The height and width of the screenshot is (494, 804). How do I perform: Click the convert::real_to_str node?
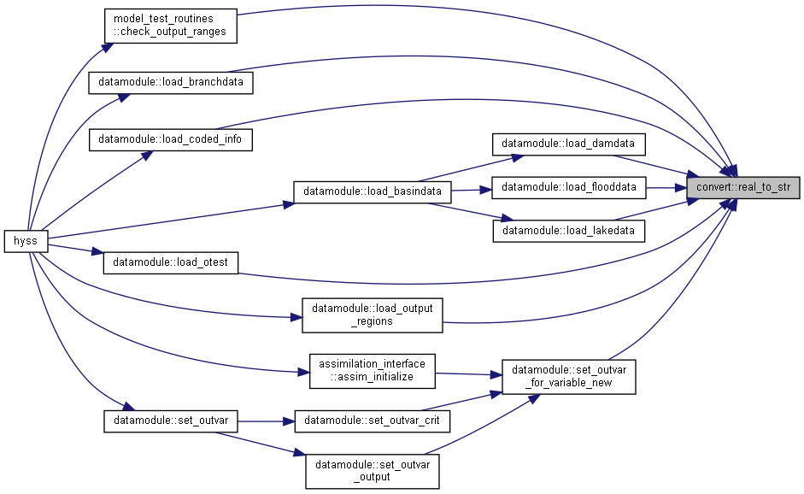(743, 187)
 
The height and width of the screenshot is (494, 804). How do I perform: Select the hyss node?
(26, 241)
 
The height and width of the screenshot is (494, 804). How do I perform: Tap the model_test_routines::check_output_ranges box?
(170, 26)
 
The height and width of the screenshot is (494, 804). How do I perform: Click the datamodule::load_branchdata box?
(171, 83)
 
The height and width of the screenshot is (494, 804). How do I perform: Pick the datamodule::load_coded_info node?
(171, 139)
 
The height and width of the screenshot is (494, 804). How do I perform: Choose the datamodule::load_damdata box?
(569, 144)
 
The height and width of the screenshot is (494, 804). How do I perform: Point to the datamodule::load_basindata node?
(373, 191)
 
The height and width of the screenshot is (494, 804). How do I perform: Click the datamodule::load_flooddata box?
(569, 187)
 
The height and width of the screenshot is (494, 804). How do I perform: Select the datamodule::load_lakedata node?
(569, 231)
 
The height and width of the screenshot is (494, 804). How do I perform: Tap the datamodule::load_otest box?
(171, 262)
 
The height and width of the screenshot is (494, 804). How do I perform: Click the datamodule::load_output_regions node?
(373, 315)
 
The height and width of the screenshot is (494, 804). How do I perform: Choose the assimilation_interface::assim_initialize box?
(373, 371)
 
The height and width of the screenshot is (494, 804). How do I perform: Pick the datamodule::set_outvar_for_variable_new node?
(569, 377)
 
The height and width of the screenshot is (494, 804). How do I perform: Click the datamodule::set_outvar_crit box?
(373, 421)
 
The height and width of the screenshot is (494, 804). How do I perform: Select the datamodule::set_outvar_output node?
(373, 472)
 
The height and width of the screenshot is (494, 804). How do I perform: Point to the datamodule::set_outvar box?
(171, 421)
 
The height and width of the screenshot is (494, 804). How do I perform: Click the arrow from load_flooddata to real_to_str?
(666, 188)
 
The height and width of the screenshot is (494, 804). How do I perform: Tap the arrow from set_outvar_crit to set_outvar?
(266, 421)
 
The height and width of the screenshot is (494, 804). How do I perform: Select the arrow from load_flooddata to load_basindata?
(472, 191)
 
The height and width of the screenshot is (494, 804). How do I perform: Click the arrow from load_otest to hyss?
(75, 249)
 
